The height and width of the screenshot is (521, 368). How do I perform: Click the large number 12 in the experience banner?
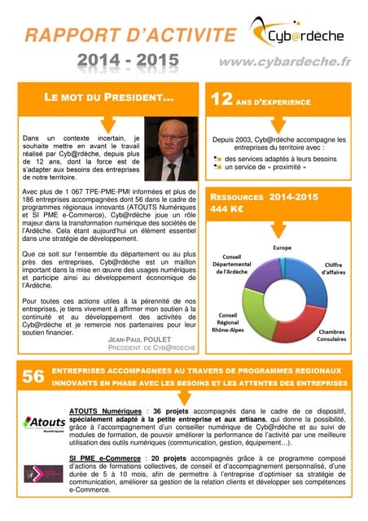pos(222,100)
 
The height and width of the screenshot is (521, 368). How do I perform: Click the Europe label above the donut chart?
pos(282,247)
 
